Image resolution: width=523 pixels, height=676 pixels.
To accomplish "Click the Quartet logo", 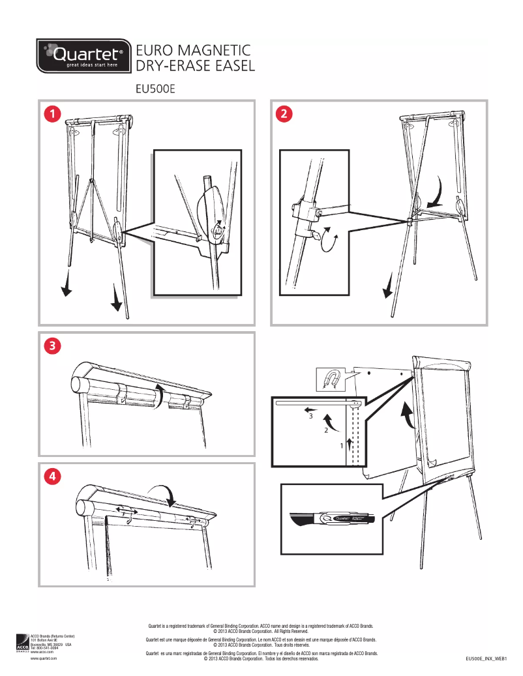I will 82,56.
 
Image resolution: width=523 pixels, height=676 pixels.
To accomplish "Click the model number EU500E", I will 155,89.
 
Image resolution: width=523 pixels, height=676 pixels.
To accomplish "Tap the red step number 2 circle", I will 284,113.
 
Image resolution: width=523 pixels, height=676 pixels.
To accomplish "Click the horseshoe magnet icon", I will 331,378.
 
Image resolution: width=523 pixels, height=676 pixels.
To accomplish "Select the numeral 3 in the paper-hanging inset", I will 311,416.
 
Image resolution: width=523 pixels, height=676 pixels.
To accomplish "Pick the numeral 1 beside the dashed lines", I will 341,445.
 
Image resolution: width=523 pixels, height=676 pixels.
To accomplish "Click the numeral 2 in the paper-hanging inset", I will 326,431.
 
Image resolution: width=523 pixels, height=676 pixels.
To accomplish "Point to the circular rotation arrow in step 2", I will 331,241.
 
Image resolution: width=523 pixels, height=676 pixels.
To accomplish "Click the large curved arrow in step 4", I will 163,493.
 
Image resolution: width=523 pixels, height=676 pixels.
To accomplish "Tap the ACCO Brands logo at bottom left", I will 22,643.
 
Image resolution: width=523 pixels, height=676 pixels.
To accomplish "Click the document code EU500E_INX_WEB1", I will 486,660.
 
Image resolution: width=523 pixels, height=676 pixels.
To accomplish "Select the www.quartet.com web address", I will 44,659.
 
